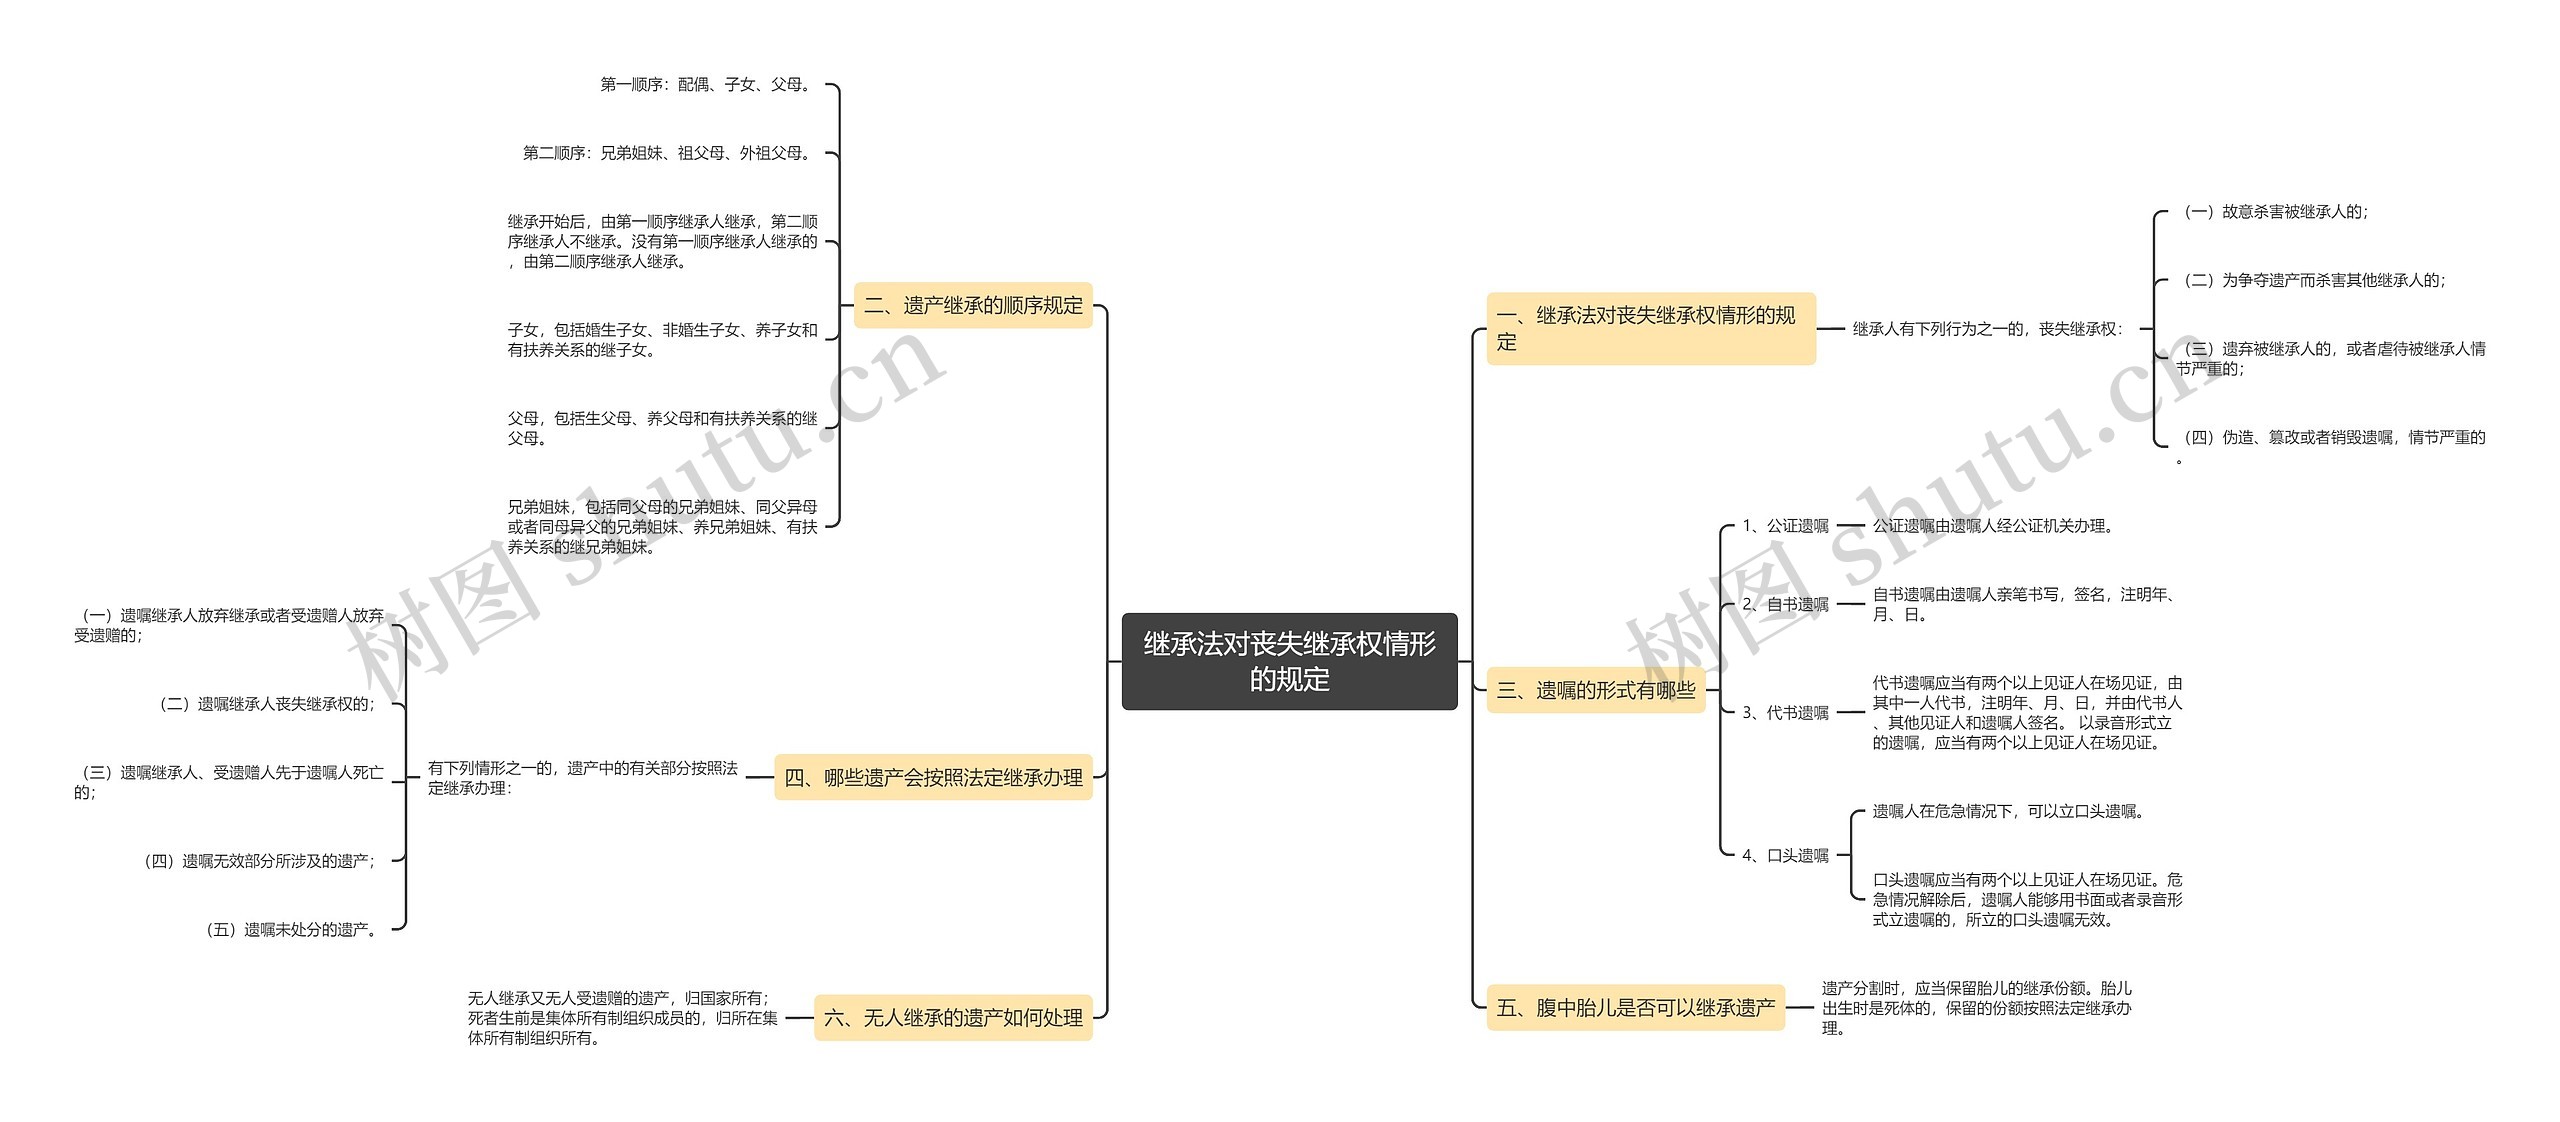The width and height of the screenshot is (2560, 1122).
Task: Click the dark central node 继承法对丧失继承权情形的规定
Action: tap(1289, 661)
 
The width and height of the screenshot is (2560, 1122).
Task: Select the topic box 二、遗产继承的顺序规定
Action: tap(973, 306)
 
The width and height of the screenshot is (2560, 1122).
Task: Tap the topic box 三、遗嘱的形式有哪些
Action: tap(1595, 690)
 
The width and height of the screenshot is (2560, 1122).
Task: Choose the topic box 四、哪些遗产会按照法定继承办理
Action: tap(933, 778)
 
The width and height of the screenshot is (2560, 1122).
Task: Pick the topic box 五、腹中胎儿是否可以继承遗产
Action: tap(1635, 1008)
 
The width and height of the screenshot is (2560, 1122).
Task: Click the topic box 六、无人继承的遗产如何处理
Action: tap(953, 1018)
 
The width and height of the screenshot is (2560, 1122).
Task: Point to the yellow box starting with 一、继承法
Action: tap(1650, 328)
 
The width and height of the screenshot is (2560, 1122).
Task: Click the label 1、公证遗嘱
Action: tap(1785, 526)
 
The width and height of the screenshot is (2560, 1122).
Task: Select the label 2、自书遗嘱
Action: tap(1785, 604)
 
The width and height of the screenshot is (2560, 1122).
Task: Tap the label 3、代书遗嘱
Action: tap(1785, 713)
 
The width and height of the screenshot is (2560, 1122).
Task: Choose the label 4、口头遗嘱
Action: tap(1785, 856)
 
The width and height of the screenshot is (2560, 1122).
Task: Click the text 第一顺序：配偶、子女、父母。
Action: tap(707, 85)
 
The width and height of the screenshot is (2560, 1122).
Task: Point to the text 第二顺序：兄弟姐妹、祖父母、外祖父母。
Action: tap(668, 153)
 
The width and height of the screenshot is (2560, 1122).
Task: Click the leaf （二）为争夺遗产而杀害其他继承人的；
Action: tap(2313, 281)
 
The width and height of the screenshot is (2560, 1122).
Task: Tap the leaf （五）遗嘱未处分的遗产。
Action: tap(293, 930)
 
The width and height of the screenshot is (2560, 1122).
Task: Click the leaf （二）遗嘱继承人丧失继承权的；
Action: tap(269, 704)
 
